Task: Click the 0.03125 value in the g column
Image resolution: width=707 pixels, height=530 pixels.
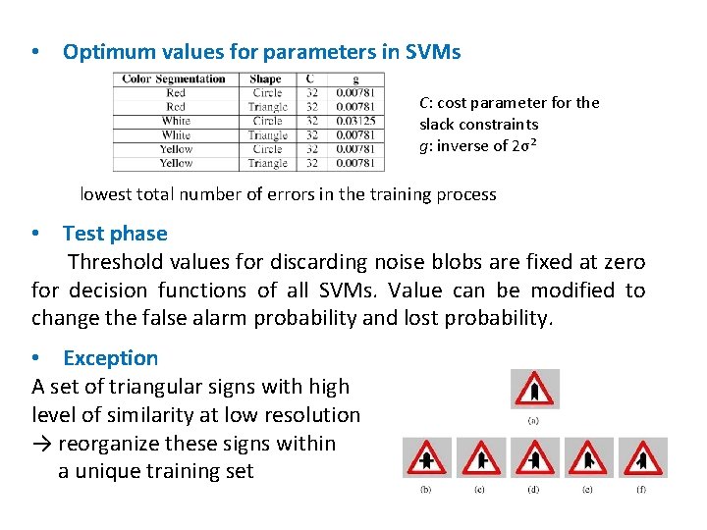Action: [354, 121]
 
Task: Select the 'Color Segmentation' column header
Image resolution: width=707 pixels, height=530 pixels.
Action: [175, 79]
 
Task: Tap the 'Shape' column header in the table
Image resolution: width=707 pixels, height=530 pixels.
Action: [265, 79]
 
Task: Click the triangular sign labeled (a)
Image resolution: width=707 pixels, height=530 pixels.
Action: [535, 390]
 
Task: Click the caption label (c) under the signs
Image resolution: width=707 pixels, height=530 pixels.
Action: [480, 489]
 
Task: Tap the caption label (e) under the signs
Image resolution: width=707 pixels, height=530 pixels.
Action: [587, 489]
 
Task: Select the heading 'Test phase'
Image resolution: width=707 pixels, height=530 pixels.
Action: [115, 234]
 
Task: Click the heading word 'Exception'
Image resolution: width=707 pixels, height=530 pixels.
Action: [110, 358]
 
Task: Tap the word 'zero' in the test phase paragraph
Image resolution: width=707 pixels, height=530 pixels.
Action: [623, 262]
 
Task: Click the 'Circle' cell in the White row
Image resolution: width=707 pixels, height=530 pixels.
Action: [267, 121]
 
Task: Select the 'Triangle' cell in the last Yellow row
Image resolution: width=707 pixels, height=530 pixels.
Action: [267, 163]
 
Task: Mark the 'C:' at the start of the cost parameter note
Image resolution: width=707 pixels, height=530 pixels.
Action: [426, 102]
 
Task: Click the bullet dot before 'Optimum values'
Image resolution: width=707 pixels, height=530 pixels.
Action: [35, 52]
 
